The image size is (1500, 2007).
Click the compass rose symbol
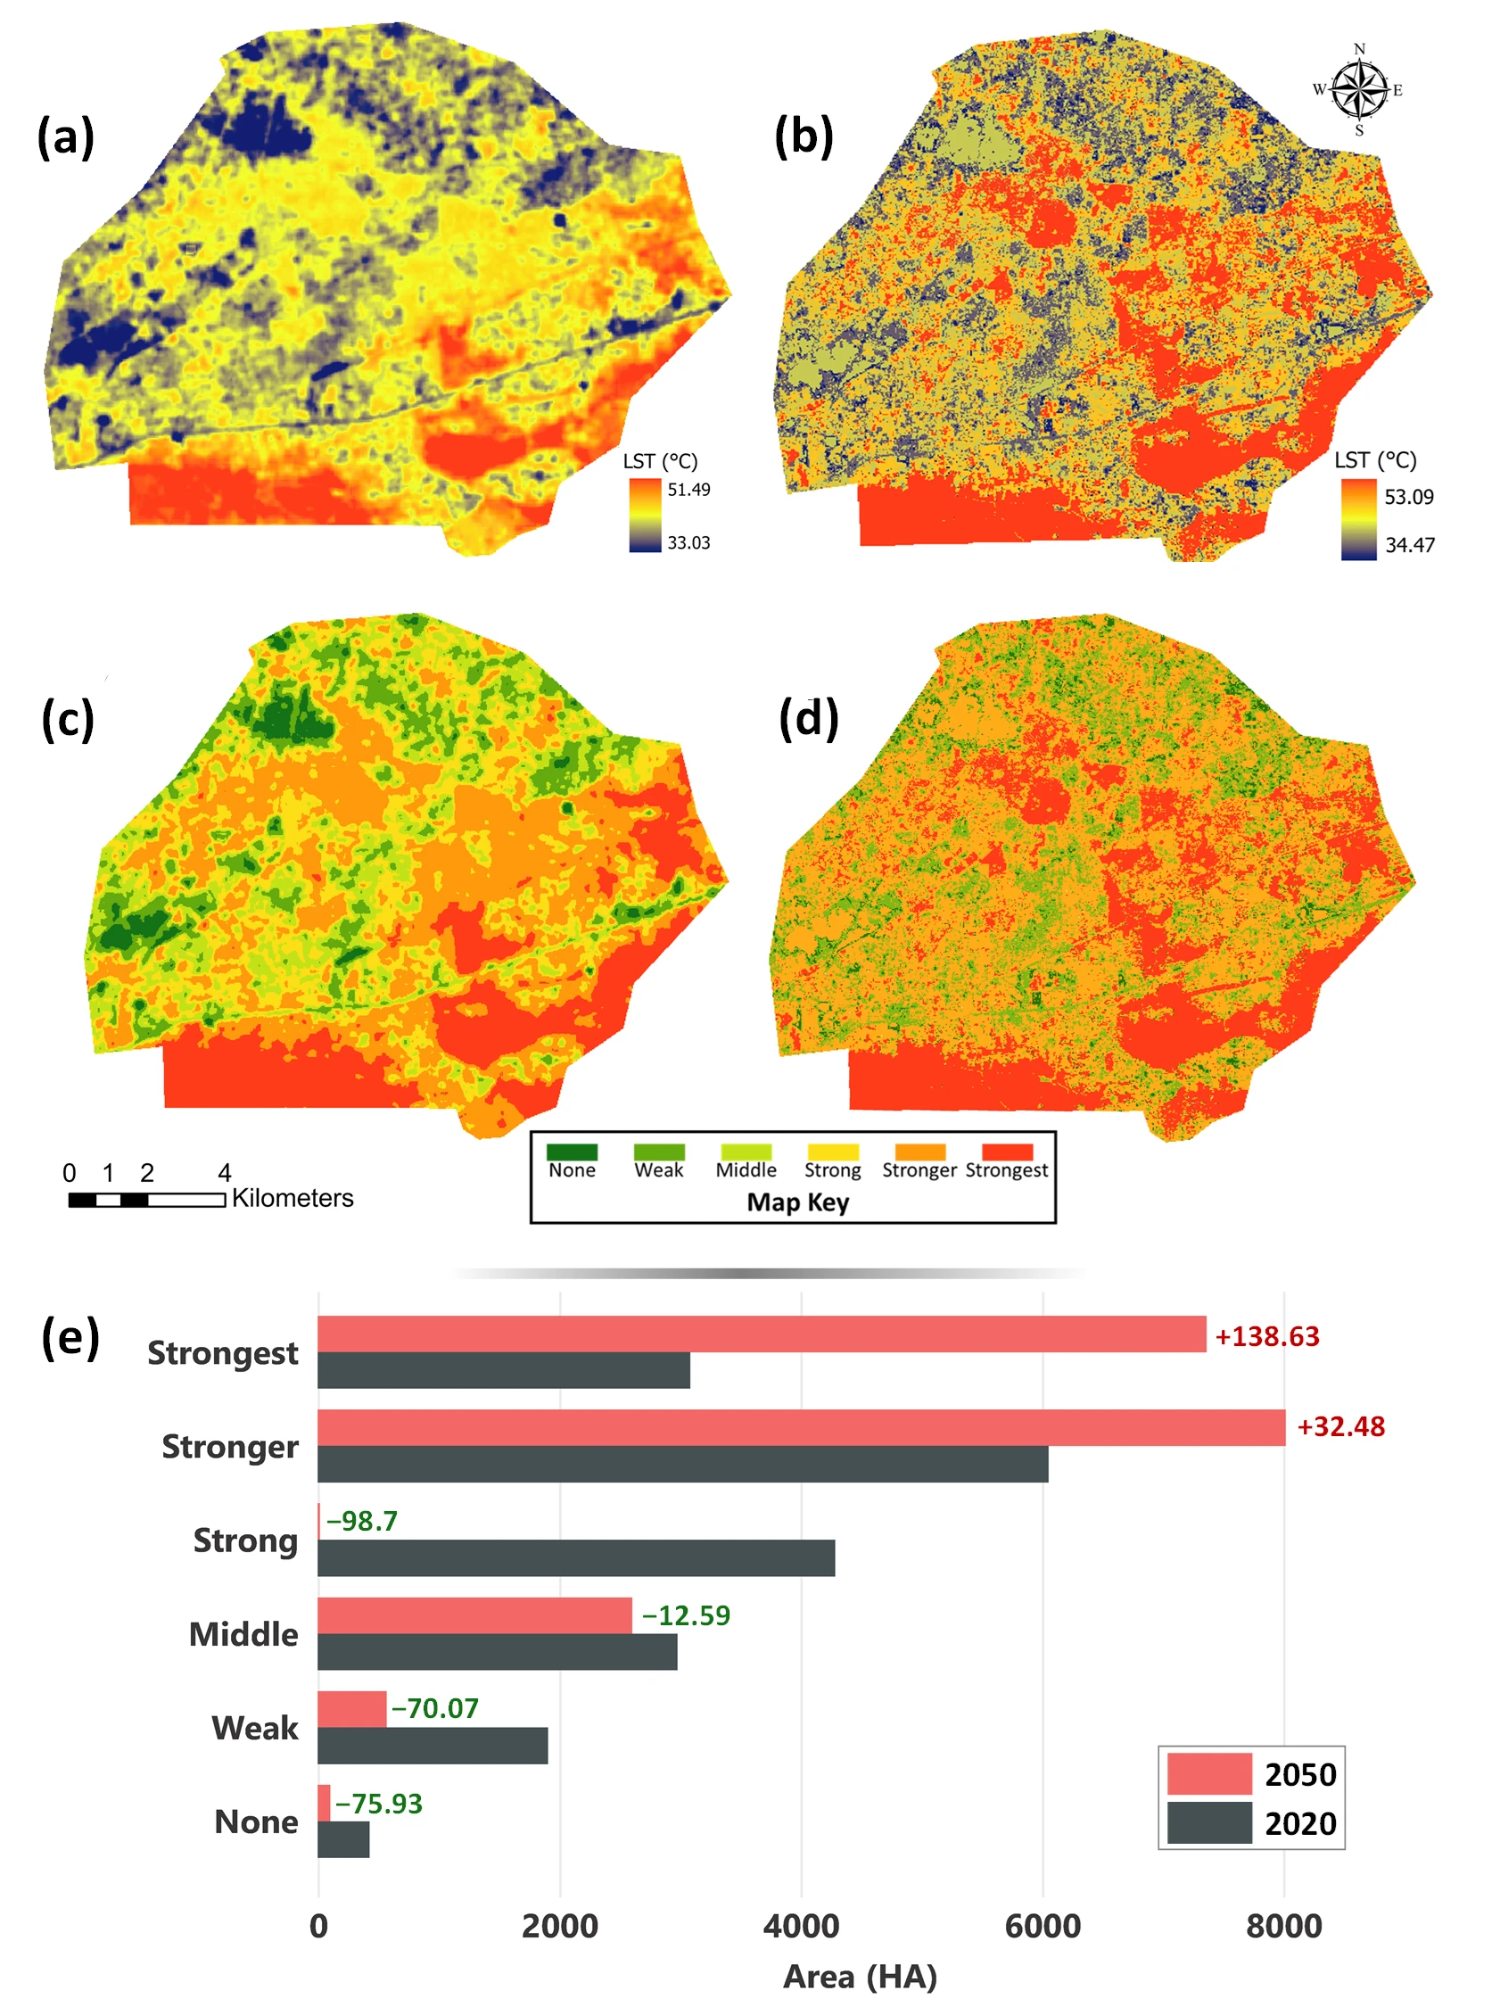pyautogui.click(x=1358, y=90)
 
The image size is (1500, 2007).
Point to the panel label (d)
pyautogui.click(x=808, y=719)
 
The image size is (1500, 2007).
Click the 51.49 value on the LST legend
pyautogui.click(x=688, y=490)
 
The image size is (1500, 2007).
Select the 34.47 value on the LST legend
pyautogui.click(x=1408, y=545)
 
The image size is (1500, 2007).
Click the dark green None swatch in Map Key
pyautogui.click(x=572, y=1152)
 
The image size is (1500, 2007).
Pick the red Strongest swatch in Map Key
pyautogui.click(x=1006, y=1152)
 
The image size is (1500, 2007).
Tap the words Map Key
pyautogui.click(x=797, y=1202)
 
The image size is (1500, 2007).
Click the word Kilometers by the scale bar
pyautogui.click(x=292, y=1198)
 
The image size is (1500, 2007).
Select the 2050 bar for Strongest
pyautogui.click(x=762, y=1334)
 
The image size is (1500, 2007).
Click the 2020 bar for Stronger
pyautogui.click(x=682, y=1465)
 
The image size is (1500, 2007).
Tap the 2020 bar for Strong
pyautogui.click(x=576, y=1557)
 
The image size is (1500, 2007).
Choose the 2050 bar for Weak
pyautogui.click(x=352, y=1709)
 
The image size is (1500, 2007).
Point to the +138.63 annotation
pyautogui.click(x=1267, y=1336)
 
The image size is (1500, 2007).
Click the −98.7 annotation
pyautogui.click(x=362, y=1521)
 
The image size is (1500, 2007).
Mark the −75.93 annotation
pyautogui.click(x=378, y=1804)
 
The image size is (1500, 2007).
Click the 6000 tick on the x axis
pyautogui.click(x=1042, y=1926)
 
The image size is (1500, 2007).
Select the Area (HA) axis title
pyautogui.click(x=860, y=1976)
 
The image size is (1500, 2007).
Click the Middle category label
pyautogui.click(x=243, y=1634)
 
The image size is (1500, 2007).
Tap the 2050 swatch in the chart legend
pyautogui.click(x=1208, y=1774)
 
